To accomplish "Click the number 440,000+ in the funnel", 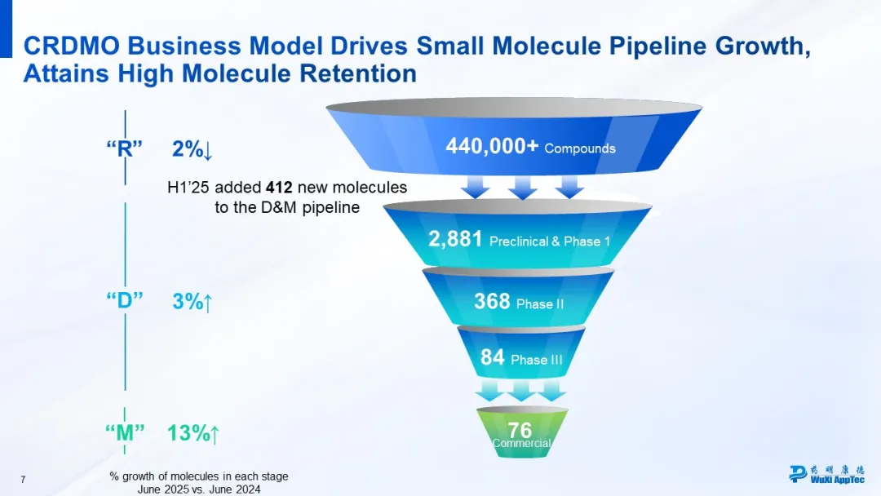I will [491, 147].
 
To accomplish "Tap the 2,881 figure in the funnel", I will [456, 239].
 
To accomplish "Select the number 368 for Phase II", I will [492, 302].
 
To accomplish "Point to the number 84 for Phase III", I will [493, 357].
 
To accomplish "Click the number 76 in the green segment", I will [520, 429].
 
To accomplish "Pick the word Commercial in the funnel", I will [522, 444].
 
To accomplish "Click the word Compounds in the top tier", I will [580, 148].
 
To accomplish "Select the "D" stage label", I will [125, 300].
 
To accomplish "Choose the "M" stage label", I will [125, 432].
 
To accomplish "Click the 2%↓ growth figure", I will [193, 149].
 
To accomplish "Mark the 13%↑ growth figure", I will [193, 432].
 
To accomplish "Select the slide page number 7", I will [23, 480].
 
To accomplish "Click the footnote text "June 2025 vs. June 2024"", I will [199, 489].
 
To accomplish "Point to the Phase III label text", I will [536, 359].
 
